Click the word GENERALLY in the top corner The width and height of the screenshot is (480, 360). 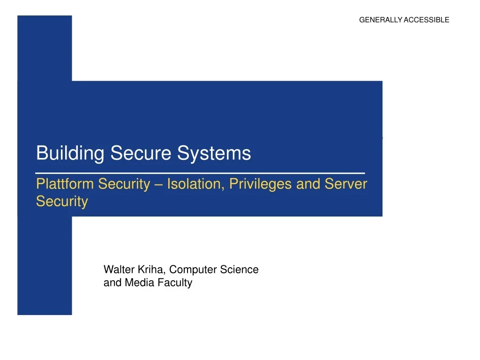coord(381,20)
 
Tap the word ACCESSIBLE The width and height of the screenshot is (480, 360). coord(427,20)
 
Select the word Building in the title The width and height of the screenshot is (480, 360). coord(70,153)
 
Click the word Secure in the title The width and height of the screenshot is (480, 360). coord(141,153)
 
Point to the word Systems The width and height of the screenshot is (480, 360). coord(214,153)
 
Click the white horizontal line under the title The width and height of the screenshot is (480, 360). coord(200,173)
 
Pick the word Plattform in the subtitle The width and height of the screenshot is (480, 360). coord(65,184)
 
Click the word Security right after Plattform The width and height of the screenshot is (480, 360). coord(124,184)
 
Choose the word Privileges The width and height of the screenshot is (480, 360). coord(261,184)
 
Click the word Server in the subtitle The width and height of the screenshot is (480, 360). coord(346,184)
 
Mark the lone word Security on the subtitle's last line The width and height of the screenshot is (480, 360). coord(62,202)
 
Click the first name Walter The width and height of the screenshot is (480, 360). coord(119,270)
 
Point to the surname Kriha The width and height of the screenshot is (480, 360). coord(151,270)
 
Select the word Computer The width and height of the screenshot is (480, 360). coord(193,270)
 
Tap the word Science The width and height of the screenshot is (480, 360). coord(240,270)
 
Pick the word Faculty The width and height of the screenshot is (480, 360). coord(175,283)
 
